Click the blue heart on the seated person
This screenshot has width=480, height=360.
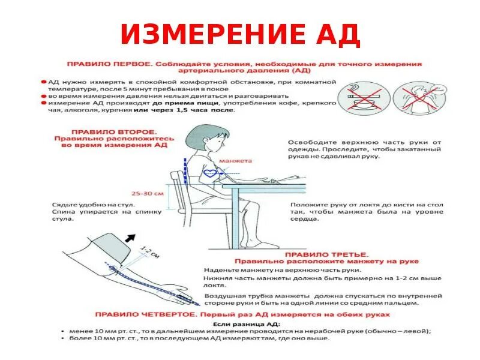point(211,172)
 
